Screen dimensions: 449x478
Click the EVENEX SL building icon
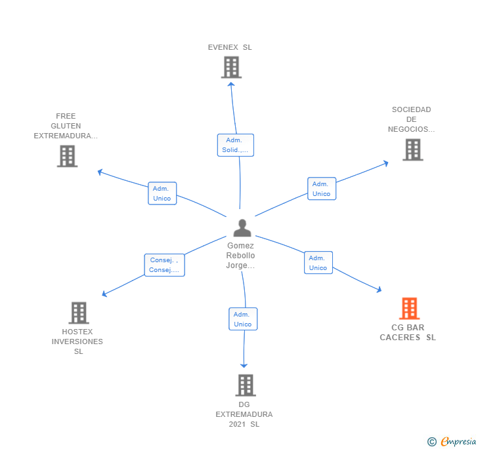tap(231, 67)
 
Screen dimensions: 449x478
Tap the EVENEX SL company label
tap(230, 47)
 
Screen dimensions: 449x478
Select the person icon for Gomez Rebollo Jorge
tap(242, 228)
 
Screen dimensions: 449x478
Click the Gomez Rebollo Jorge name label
tap(240, 256)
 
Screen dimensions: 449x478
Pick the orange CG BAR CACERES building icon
tap(409, 308)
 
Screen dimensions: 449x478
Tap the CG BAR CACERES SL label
tap(408, 332)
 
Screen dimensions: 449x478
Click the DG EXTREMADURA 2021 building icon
tap(245, 385)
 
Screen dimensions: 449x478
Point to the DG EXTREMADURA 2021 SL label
tap(244, 414)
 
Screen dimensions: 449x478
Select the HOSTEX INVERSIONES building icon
tap(79, 313)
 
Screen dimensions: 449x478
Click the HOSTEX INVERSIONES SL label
tap(77, 342)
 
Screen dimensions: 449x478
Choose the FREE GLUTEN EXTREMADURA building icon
tap(67, 156)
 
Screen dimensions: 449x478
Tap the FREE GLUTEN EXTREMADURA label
tap(66, 126)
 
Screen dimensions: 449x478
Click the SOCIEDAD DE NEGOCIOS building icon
tap(412, 149)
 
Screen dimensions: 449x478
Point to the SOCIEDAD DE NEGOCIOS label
tap(411, 119)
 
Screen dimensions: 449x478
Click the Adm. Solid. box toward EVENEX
tap(235, 145)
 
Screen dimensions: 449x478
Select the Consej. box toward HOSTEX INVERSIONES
tap(164, 265)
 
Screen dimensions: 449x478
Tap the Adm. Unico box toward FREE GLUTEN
tap(162, 193)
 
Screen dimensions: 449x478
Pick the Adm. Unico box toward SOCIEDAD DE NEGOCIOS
tap(322, 189)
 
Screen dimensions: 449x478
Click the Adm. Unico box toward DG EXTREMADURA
tap(243, 319)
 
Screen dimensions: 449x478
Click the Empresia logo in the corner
tap(452, 441)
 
